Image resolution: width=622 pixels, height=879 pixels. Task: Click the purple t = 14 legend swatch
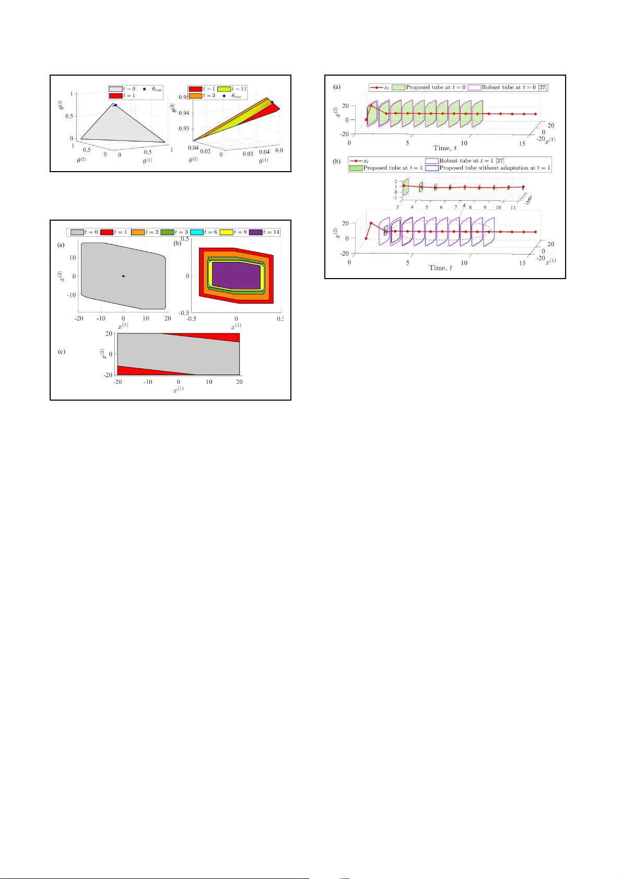[x=256, y=232]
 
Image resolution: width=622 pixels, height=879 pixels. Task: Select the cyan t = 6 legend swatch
[x=197, y=232]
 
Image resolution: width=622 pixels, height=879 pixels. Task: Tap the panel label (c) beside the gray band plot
[x=62, y=352]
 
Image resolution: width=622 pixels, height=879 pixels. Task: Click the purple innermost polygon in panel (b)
[x=237, y=276]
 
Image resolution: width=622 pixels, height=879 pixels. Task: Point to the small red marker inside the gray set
[x=123, y=276]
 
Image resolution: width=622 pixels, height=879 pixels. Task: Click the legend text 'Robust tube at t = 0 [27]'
[x=514, y=87]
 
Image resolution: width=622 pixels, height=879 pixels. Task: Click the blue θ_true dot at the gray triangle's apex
[x=116, y=105]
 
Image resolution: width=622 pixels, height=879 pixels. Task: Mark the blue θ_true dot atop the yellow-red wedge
[x=272, y=102]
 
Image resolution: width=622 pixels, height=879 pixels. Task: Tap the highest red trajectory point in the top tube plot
[x=371, y=106]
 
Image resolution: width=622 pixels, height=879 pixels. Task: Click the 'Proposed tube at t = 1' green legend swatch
[x=356, y=168]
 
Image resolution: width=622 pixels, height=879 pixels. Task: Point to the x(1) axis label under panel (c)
[x=178, y=389]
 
